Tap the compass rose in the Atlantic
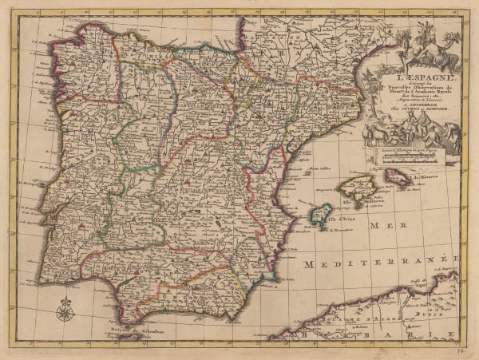(x=65, y=309)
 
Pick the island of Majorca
(x=357, y=189)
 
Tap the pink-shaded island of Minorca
(x=397, y=178)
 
